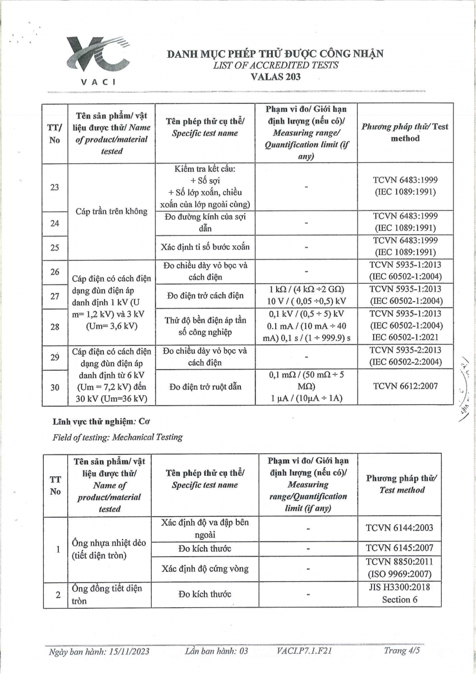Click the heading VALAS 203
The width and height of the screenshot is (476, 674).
[275, 77]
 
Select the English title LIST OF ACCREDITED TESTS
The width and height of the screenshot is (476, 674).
[275, 66]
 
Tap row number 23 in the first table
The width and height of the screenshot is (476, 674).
[54, 187]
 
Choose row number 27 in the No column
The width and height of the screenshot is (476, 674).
[54, 296]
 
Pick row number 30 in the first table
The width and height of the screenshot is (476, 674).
[54, 386]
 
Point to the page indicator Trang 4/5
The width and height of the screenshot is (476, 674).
[401, 651]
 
